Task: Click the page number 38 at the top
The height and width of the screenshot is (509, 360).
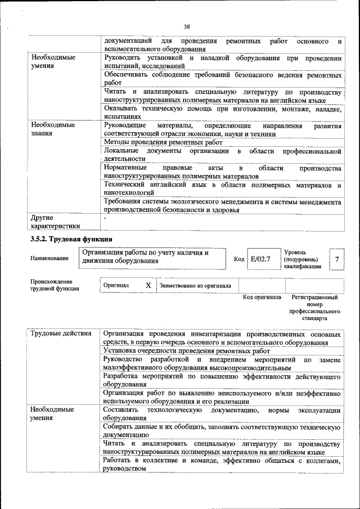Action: pyautogui.click(x=187, y=26)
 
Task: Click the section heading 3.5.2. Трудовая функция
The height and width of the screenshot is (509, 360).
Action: pyautogui.click(x=71, y=239)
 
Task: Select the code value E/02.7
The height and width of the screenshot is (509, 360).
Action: pyautogui.click(x=260, y=259)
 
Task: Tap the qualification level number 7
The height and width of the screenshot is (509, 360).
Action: pyautogui.click(x=336, y=259)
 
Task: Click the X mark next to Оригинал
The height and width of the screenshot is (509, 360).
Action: pyautogui.click(x=148, y=285)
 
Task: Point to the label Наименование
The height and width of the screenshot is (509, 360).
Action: pyautogui.click(x=50, y=258)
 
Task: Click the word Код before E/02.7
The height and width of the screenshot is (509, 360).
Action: pyautogui.click(x=239, y=259)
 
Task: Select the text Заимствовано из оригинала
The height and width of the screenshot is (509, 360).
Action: pyautogui.click(x=195, y=285)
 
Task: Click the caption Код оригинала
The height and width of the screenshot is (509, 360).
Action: pyautogui.click(x=262, y=296)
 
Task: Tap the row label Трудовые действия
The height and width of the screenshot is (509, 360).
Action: pyautogui.click(x=61, y=334)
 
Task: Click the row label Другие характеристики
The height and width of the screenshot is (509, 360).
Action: pyautogui.click(x=55, y=221)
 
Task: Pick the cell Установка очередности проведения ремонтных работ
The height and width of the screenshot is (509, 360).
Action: pyautogui.click(x=187, y=350)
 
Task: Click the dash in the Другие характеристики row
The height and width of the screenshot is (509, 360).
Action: pyautogui.click(x=105, y=217)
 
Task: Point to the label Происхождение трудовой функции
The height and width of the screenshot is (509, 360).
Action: pyautogui.click(x=55, y=285)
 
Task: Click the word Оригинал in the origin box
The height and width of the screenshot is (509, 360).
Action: pyautogui.click(x=116, y=285)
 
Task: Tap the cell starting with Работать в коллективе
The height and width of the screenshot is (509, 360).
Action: pyautogui.click(x=222, y=465)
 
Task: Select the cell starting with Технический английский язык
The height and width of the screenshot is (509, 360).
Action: pyautogui.click(x=222, y=188)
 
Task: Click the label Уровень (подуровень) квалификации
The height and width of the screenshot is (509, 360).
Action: pyautogui.click(x=303, y=259)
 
